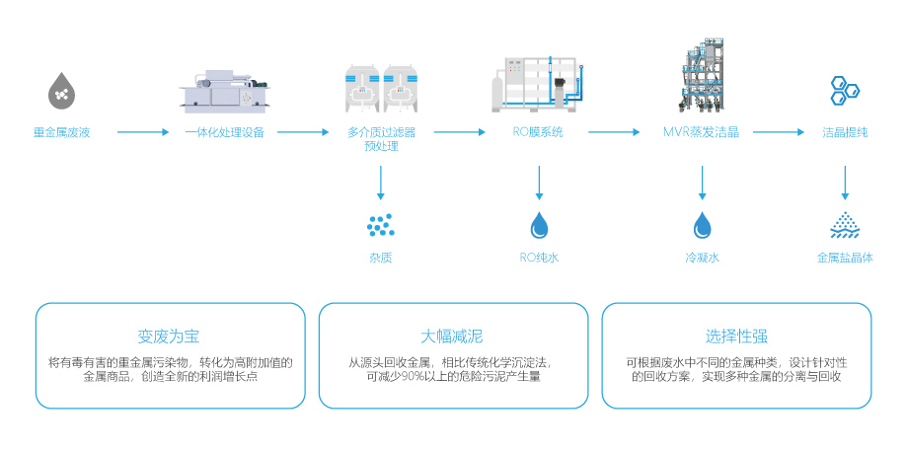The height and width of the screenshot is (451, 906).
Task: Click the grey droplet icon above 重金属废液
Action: point(61,90)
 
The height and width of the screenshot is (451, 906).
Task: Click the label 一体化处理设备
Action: point(225,132)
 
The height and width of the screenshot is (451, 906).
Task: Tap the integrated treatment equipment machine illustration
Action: point(225,90)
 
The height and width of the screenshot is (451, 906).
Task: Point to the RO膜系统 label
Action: point(539,132)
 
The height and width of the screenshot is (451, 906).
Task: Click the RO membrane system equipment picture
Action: point(539,85)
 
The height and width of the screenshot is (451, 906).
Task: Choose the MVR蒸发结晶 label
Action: point(701,132)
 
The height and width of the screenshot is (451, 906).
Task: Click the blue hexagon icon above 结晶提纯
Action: point(844,91)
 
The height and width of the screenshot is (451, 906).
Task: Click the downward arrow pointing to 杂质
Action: point(381,185)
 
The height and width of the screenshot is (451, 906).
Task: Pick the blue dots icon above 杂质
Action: point(381,226)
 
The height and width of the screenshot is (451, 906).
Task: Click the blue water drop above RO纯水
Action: point(539,226)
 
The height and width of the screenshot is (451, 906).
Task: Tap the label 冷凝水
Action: point(702,258)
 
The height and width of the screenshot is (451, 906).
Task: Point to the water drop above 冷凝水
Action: point(702,226)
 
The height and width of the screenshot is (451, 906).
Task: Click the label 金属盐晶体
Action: point(845,258)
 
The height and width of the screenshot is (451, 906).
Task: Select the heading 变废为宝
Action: point(169,336)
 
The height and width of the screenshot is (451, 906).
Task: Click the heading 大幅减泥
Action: point(452,336)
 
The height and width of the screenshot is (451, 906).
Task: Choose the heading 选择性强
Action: point(736,336)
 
